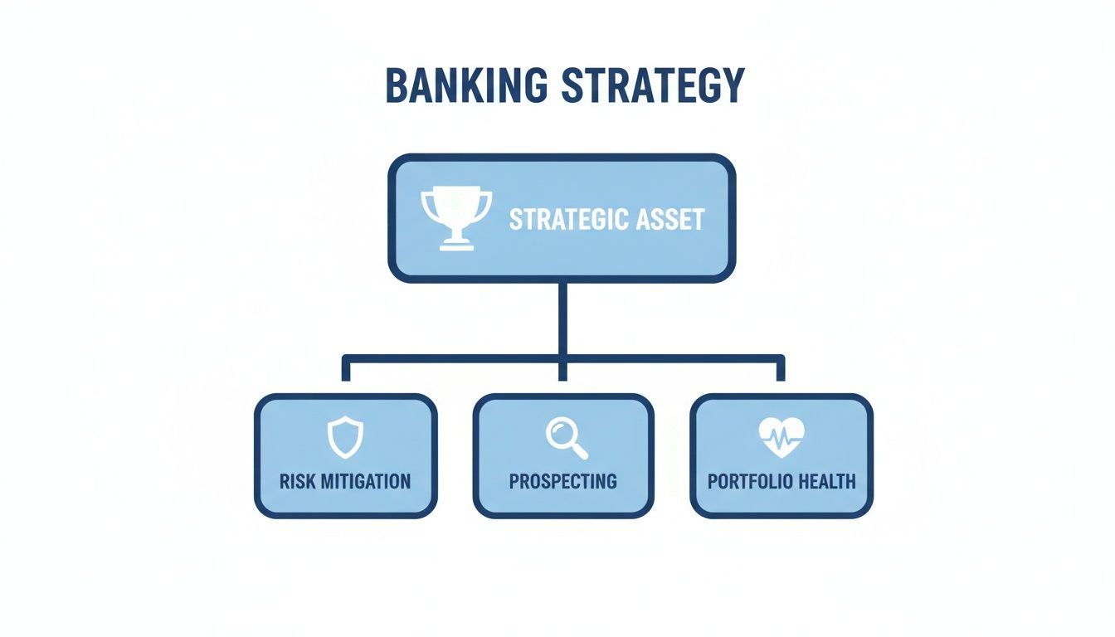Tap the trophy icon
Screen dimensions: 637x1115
[456, 217]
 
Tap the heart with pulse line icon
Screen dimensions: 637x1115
[781, 437]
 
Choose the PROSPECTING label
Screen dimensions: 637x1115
[562, 481]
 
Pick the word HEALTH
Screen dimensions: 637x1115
[825, 481]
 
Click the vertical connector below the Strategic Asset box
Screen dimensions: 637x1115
[562, 319]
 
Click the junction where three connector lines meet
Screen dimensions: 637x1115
[562, 358]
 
